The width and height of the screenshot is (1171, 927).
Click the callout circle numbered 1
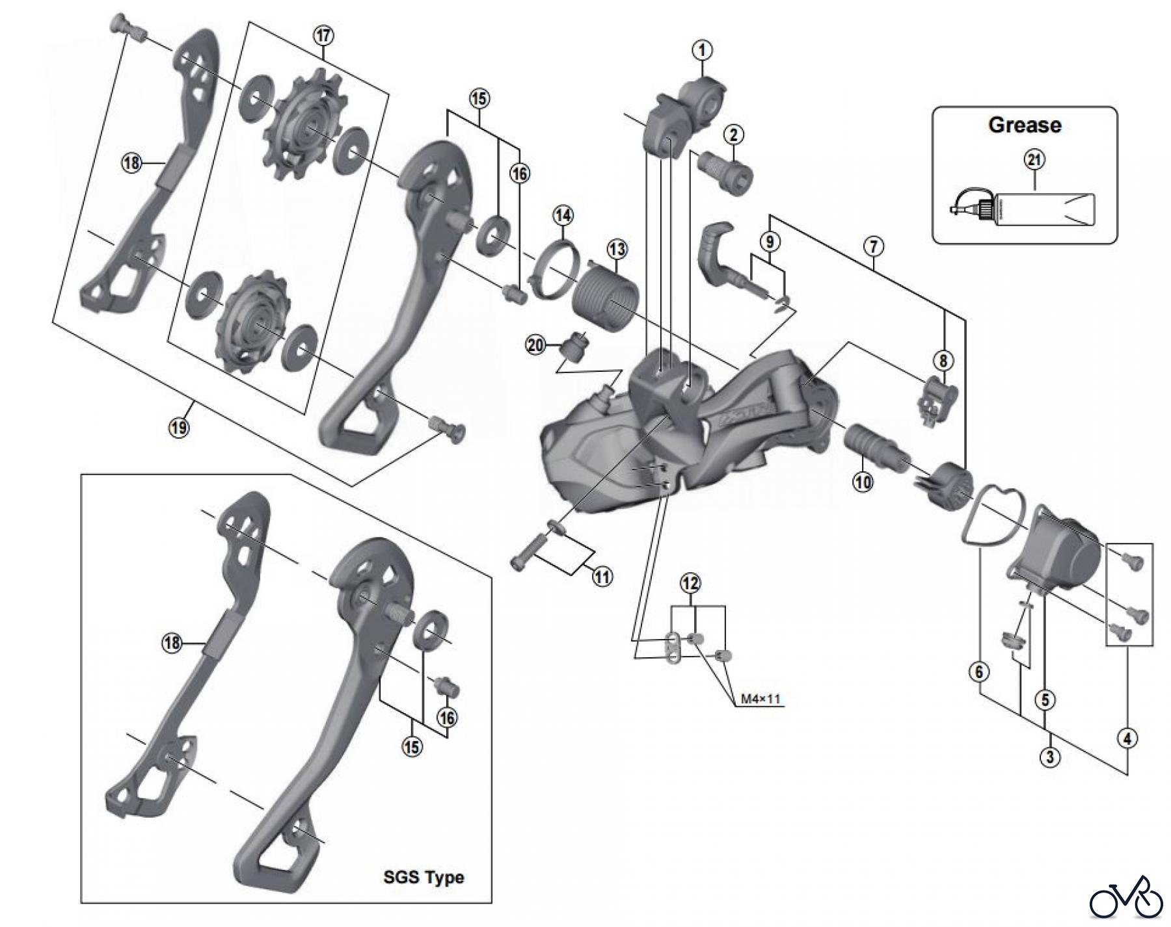[703, 50]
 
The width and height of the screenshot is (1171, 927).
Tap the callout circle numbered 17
[323, 36]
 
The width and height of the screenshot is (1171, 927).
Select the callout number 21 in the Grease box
[1034, 160]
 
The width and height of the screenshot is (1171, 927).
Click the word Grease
[1025, 125]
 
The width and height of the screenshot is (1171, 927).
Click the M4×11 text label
[760, 699]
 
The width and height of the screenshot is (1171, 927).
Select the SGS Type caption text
[424, 877]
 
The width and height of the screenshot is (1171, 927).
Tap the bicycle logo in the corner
[1126, 898]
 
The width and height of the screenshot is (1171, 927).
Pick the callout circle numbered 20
[535, 345]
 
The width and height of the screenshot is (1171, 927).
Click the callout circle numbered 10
[863, 482]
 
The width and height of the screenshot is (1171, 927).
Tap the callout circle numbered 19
[179, 427]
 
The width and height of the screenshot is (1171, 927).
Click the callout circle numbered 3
[1049, 757]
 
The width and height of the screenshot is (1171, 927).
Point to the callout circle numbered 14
[563, 215]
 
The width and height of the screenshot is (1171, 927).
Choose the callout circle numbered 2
[733, 135]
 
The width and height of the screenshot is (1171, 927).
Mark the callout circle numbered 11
[602, 576]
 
